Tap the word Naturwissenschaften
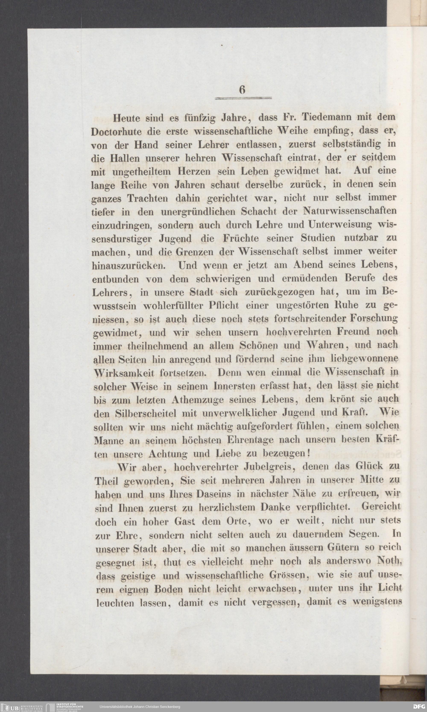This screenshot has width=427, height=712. click(x=349, y=211)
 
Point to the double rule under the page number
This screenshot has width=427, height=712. click(x=243, y=98)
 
